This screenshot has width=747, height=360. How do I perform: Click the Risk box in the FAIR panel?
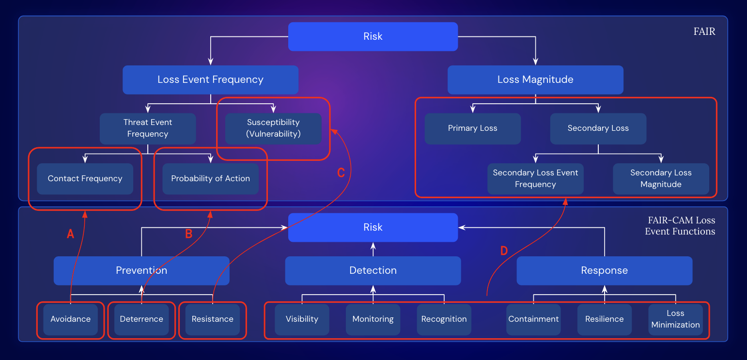373,36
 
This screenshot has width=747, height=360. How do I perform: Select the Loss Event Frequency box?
210,80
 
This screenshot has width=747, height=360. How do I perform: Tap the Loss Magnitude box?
535,80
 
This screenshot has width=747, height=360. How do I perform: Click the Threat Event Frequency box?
148,128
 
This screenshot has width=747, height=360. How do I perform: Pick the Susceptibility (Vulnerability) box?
273,128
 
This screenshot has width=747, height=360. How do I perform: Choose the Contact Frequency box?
85,179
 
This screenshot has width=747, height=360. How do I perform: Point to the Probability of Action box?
210,179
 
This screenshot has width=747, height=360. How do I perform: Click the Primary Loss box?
472,128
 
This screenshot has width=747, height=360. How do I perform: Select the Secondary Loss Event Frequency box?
535,179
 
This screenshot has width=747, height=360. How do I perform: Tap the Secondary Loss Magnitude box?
661,179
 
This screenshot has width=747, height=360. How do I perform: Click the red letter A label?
70,235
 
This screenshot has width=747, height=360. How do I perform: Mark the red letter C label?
341,173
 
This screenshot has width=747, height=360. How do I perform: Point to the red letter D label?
504,251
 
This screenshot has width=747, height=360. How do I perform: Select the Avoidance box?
70,319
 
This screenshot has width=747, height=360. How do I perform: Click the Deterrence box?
141,319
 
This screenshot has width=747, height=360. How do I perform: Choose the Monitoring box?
373,319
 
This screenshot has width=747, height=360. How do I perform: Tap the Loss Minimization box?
675,319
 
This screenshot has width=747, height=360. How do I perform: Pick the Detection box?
373,271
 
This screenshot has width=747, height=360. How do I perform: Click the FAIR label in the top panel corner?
704,32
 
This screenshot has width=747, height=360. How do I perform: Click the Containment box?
533,319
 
